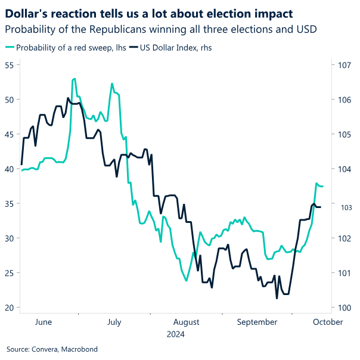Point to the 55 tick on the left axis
tap(8, 65)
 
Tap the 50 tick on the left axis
tap(8, 100)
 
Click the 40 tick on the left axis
tap(8, 169)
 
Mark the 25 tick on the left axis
tap(8, 273)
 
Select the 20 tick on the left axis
tap(8, 308)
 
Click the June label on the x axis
tap(44, 322)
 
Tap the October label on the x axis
tap(328, 322)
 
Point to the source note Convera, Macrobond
tap(52, 349)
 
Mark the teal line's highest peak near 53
tap(74, 79)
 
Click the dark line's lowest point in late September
tap(277, 297)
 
